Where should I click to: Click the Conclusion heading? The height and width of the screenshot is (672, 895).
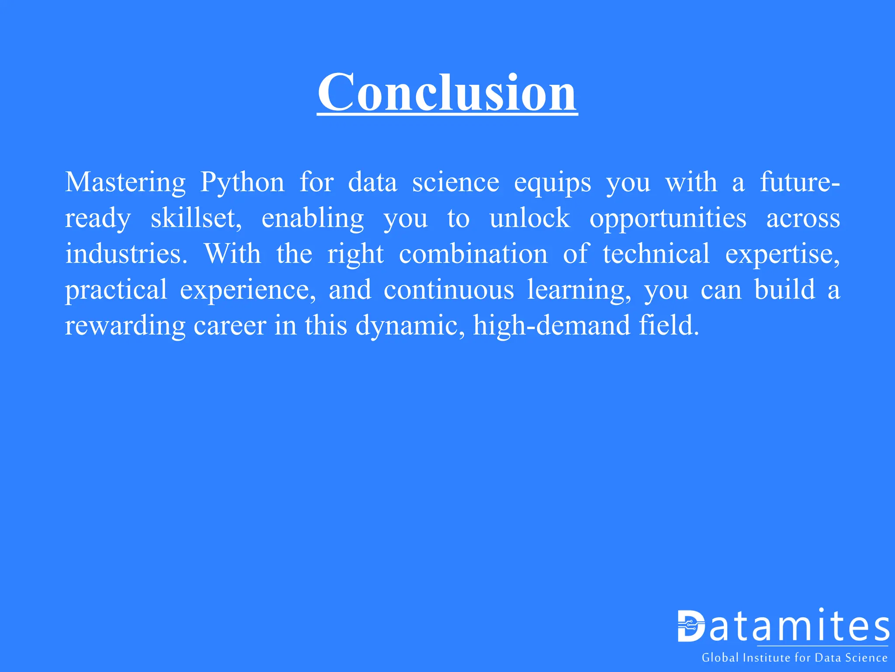tap(447, 93)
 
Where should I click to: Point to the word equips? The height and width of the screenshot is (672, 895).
tap(552, 183)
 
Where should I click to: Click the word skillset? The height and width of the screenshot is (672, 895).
tap(196, 218)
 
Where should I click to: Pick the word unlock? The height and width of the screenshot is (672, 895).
tap(530, 218)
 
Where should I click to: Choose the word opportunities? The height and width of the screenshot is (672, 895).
tap(668, 219)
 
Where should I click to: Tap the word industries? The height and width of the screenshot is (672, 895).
tap(126, 254)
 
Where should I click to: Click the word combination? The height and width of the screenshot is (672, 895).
tap(473, 254)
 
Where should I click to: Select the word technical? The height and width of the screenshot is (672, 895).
tap(656, 254)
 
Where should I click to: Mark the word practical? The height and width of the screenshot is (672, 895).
tap(116, 290)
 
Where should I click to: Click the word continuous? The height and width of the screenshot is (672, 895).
tap(449, 290)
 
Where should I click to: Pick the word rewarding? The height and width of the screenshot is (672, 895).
tap(125, 326)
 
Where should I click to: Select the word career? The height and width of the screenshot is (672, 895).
tap(230, 326)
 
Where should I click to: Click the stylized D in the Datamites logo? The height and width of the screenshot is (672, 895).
tap(691, 626)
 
